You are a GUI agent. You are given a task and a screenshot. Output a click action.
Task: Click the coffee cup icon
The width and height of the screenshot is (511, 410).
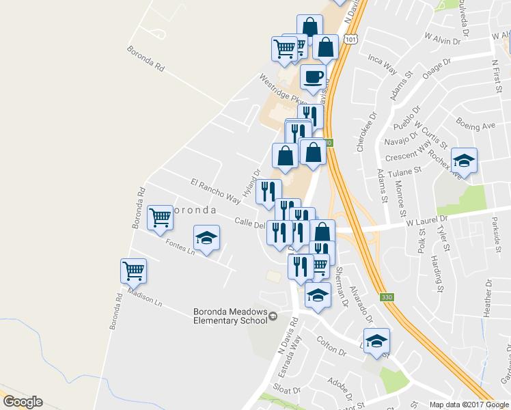coord(314,77)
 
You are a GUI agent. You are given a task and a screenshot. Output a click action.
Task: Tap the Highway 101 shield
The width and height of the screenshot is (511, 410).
coord(351,40)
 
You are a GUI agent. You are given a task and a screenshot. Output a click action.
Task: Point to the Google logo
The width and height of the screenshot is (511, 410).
coord(23,402)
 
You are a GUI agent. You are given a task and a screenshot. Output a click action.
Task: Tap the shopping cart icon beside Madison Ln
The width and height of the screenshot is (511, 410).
coord(134,271)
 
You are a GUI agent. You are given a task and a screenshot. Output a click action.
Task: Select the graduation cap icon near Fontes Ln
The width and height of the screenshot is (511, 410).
coord(207,238)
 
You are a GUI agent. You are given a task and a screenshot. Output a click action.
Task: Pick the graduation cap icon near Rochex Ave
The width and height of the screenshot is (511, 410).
coord(465,161)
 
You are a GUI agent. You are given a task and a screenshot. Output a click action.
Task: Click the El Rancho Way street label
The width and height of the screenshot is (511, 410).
coord(216,191)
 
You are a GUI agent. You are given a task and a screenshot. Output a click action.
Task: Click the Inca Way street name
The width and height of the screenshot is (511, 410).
coord(383,65)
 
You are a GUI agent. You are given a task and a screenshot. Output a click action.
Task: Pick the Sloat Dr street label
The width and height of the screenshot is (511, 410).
coord(288,391)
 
